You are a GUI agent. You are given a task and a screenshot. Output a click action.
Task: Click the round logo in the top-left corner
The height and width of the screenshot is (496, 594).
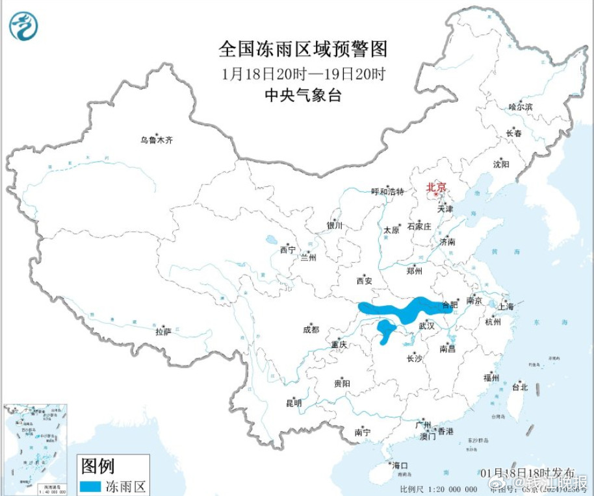pyautogui.click(x=24, y=26)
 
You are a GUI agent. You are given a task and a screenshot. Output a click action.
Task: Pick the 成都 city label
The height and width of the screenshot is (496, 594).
pyautogui.click(x=311, y=329)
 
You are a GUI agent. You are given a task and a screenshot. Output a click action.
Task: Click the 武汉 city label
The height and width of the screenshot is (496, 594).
pyautogui.click(x=427, y=325)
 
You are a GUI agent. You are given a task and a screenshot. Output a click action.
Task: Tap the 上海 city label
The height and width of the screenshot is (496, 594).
pyautogui.click(x=506, y=306)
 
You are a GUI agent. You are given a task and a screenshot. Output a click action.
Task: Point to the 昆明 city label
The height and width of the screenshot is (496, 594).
pyautogui.click(x=293, y=403)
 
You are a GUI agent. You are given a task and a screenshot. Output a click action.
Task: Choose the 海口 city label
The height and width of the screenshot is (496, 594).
pyautogui.click(x=399, y=465)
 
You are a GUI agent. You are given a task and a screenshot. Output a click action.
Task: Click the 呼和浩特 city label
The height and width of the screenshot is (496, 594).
pyautogui.click(x=387, y=192)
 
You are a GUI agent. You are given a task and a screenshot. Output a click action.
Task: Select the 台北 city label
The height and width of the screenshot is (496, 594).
pyautogui.click(x=520, y=388)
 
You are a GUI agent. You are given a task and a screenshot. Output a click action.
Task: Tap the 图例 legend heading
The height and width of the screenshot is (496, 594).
pyautogui.click(x=98, y=465)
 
